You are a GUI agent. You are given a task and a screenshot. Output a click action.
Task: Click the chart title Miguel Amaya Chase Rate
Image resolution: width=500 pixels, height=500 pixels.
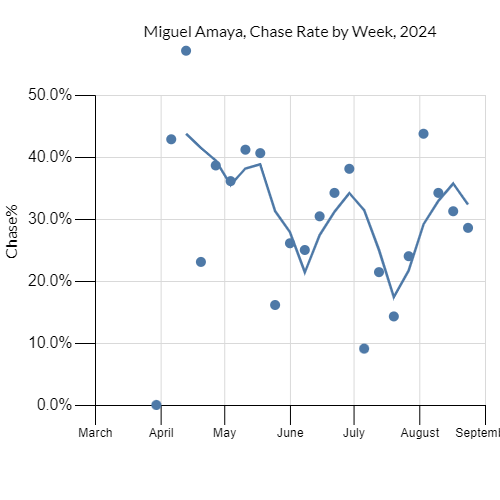tap(290, 32)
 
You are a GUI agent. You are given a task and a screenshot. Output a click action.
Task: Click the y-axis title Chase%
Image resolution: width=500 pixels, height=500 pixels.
tap(13, 236)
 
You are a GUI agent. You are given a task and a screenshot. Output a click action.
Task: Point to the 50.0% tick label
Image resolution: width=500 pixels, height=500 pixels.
tap(48, 95)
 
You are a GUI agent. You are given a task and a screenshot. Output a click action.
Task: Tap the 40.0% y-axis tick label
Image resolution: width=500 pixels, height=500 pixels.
tap(48, 157)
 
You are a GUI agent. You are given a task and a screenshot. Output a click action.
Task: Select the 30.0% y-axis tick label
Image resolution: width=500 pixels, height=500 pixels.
tap(48, 219)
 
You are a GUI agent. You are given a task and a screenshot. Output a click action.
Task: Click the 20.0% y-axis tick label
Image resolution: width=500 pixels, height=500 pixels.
tap(48, 281)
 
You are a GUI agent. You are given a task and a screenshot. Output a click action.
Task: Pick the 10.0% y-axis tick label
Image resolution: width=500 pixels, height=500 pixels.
tap(48, 343)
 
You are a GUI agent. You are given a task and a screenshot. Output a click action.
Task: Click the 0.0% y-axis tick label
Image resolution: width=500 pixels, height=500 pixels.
tap(52, 405)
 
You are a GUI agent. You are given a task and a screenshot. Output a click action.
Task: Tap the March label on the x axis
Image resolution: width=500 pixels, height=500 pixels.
tap(95, 433)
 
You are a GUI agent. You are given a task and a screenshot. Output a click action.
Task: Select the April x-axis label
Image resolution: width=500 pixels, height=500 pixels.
tap(161, 433)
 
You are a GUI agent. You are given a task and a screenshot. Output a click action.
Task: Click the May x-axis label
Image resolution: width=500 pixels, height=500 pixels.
tap(224, 433)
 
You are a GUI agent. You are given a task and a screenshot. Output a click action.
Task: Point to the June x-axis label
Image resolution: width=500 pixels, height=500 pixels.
tap(290, 433)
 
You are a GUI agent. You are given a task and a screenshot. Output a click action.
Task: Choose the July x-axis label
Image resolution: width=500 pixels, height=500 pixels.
tap(353, 433)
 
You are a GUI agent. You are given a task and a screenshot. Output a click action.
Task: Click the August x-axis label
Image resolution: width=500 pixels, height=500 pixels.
tap(419, 433)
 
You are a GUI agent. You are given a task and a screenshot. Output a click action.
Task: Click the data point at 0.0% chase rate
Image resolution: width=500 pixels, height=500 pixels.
tap(156, 405)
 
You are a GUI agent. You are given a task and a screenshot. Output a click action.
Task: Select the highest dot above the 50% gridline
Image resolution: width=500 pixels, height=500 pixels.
tap(186, 50)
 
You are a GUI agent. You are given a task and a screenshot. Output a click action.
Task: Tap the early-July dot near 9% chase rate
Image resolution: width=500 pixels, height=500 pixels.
tap(364, 349)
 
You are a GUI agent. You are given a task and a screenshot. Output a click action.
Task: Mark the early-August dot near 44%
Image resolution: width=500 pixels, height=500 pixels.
tap(423, 134)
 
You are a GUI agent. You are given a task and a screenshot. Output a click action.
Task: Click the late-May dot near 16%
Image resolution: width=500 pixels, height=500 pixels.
tap(275, 305)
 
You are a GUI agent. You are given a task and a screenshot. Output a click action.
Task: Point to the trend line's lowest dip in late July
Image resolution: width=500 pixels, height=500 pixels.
tap(394, 297)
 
